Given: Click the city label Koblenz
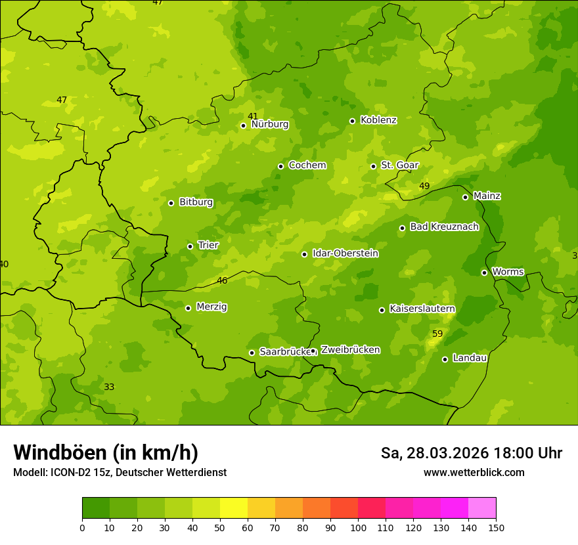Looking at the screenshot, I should (x=378, y=120).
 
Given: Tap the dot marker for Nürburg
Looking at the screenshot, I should (x=243, y=125).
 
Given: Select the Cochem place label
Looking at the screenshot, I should (x=307, y=165).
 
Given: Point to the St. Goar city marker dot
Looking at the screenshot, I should (x=373, y=166).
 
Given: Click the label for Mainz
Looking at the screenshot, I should (x=487, y=196).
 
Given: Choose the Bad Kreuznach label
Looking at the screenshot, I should (x=444, y=227).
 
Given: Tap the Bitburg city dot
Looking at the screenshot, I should (x=171, y=203).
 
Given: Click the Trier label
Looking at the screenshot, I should (x=208, y=246).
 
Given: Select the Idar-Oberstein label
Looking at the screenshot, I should (x=345, y=253).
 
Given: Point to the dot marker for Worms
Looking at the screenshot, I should (x=484, y=272).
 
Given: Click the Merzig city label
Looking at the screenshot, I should (x=211, y=307).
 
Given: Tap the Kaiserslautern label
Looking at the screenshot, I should (x=422, y=309).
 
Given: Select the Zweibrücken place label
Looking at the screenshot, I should (x=350, y=350).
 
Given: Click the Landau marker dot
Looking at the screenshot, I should (x=445, y=359).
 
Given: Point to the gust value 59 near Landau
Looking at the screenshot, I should (x=437, y=334).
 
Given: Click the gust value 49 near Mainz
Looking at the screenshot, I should (x=424, y=186).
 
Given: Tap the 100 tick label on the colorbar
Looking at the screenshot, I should (x=358, y=527).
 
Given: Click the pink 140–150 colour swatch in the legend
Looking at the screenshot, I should (x=482, y=508).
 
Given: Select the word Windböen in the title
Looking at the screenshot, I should (x=60, y=453).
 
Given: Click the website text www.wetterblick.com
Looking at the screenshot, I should (x=474, y=473).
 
